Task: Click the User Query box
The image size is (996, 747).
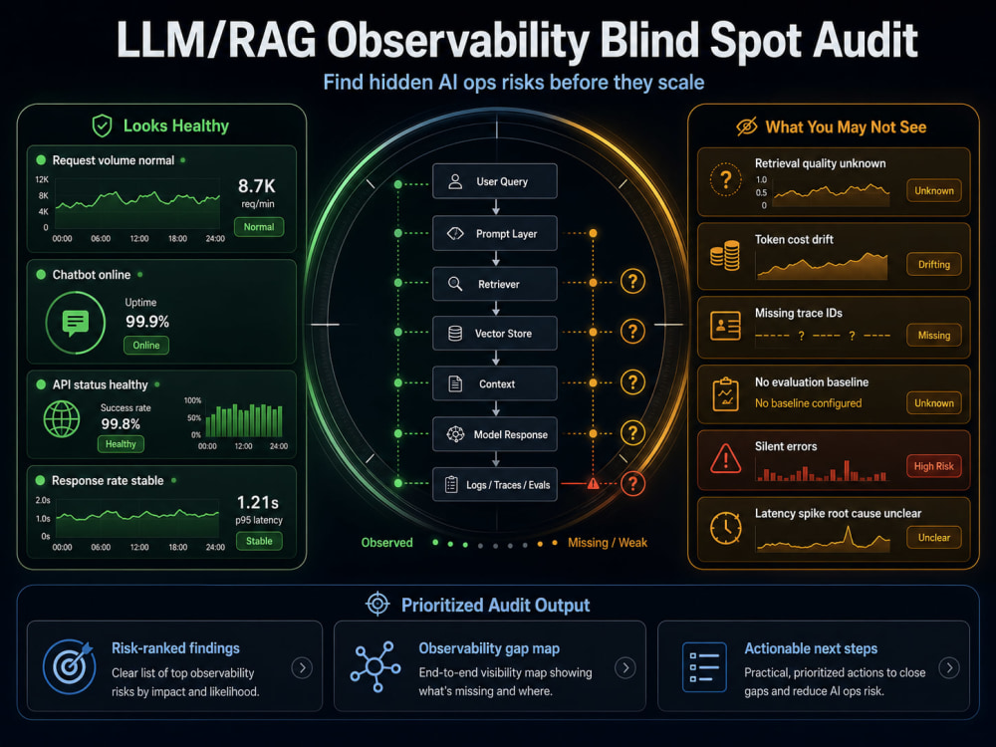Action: pos(495,181)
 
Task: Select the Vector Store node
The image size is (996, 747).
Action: pos(495,333)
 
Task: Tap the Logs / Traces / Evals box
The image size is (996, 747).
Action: pos(495,485)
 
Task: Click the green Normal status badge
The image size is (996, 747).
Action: pos(259,227)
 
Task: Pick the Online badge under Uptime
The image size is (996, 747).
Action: pos(146,345)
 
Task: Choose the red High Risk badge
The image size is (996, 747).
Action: pos(934,466)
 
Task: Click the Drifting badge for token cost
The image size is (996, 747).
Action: pos(934,264)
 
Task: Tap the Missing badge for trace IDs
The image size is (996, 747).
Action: pos(934,335)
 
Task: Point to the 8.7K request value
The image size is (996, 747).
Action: pos(257,186)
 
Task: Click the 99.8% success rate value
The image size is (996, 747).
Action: pos(121,423)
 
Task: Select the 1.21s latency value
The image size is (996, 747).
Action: pos(258,502)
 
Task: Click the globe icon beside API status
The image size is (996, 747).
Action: pos(62,418)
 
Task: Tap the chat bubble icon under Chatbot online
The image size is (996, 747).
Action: pos(76,323)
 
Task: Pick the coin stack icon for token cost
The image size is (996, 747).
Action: pos(725,255)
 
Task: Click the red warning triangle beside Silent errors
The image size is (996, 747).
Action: pos(725,457)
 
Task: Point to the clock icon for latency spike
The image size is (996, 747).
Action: pos(725,527)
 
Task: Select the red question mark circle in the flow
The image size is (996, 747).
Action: pos(632,483)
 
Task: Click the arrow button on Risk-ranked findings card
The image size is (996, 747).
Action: pos(302,667)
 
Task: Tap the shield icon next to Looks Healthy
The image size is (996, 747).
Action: pos(102,125)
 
